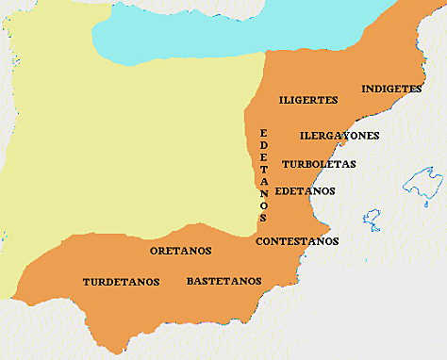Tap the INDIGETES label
click(391, 90)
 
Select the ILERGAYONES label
click(339, 135)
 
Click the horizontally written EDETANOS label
click(305, 190)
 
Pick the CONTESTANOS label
click(297, 241)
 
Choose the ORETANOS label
click(180, 251)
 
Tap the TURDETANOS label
click(121, 282)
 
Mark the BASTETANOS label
click(223, 281)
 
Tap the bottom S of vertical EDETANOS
click(263, 217)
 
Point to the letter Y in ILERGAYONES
click(344, 135)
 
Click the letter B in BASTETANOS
click(190, 281)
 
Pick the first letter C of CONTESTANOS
click(260, 241)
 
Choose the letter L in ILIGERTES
click(287, 99)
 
